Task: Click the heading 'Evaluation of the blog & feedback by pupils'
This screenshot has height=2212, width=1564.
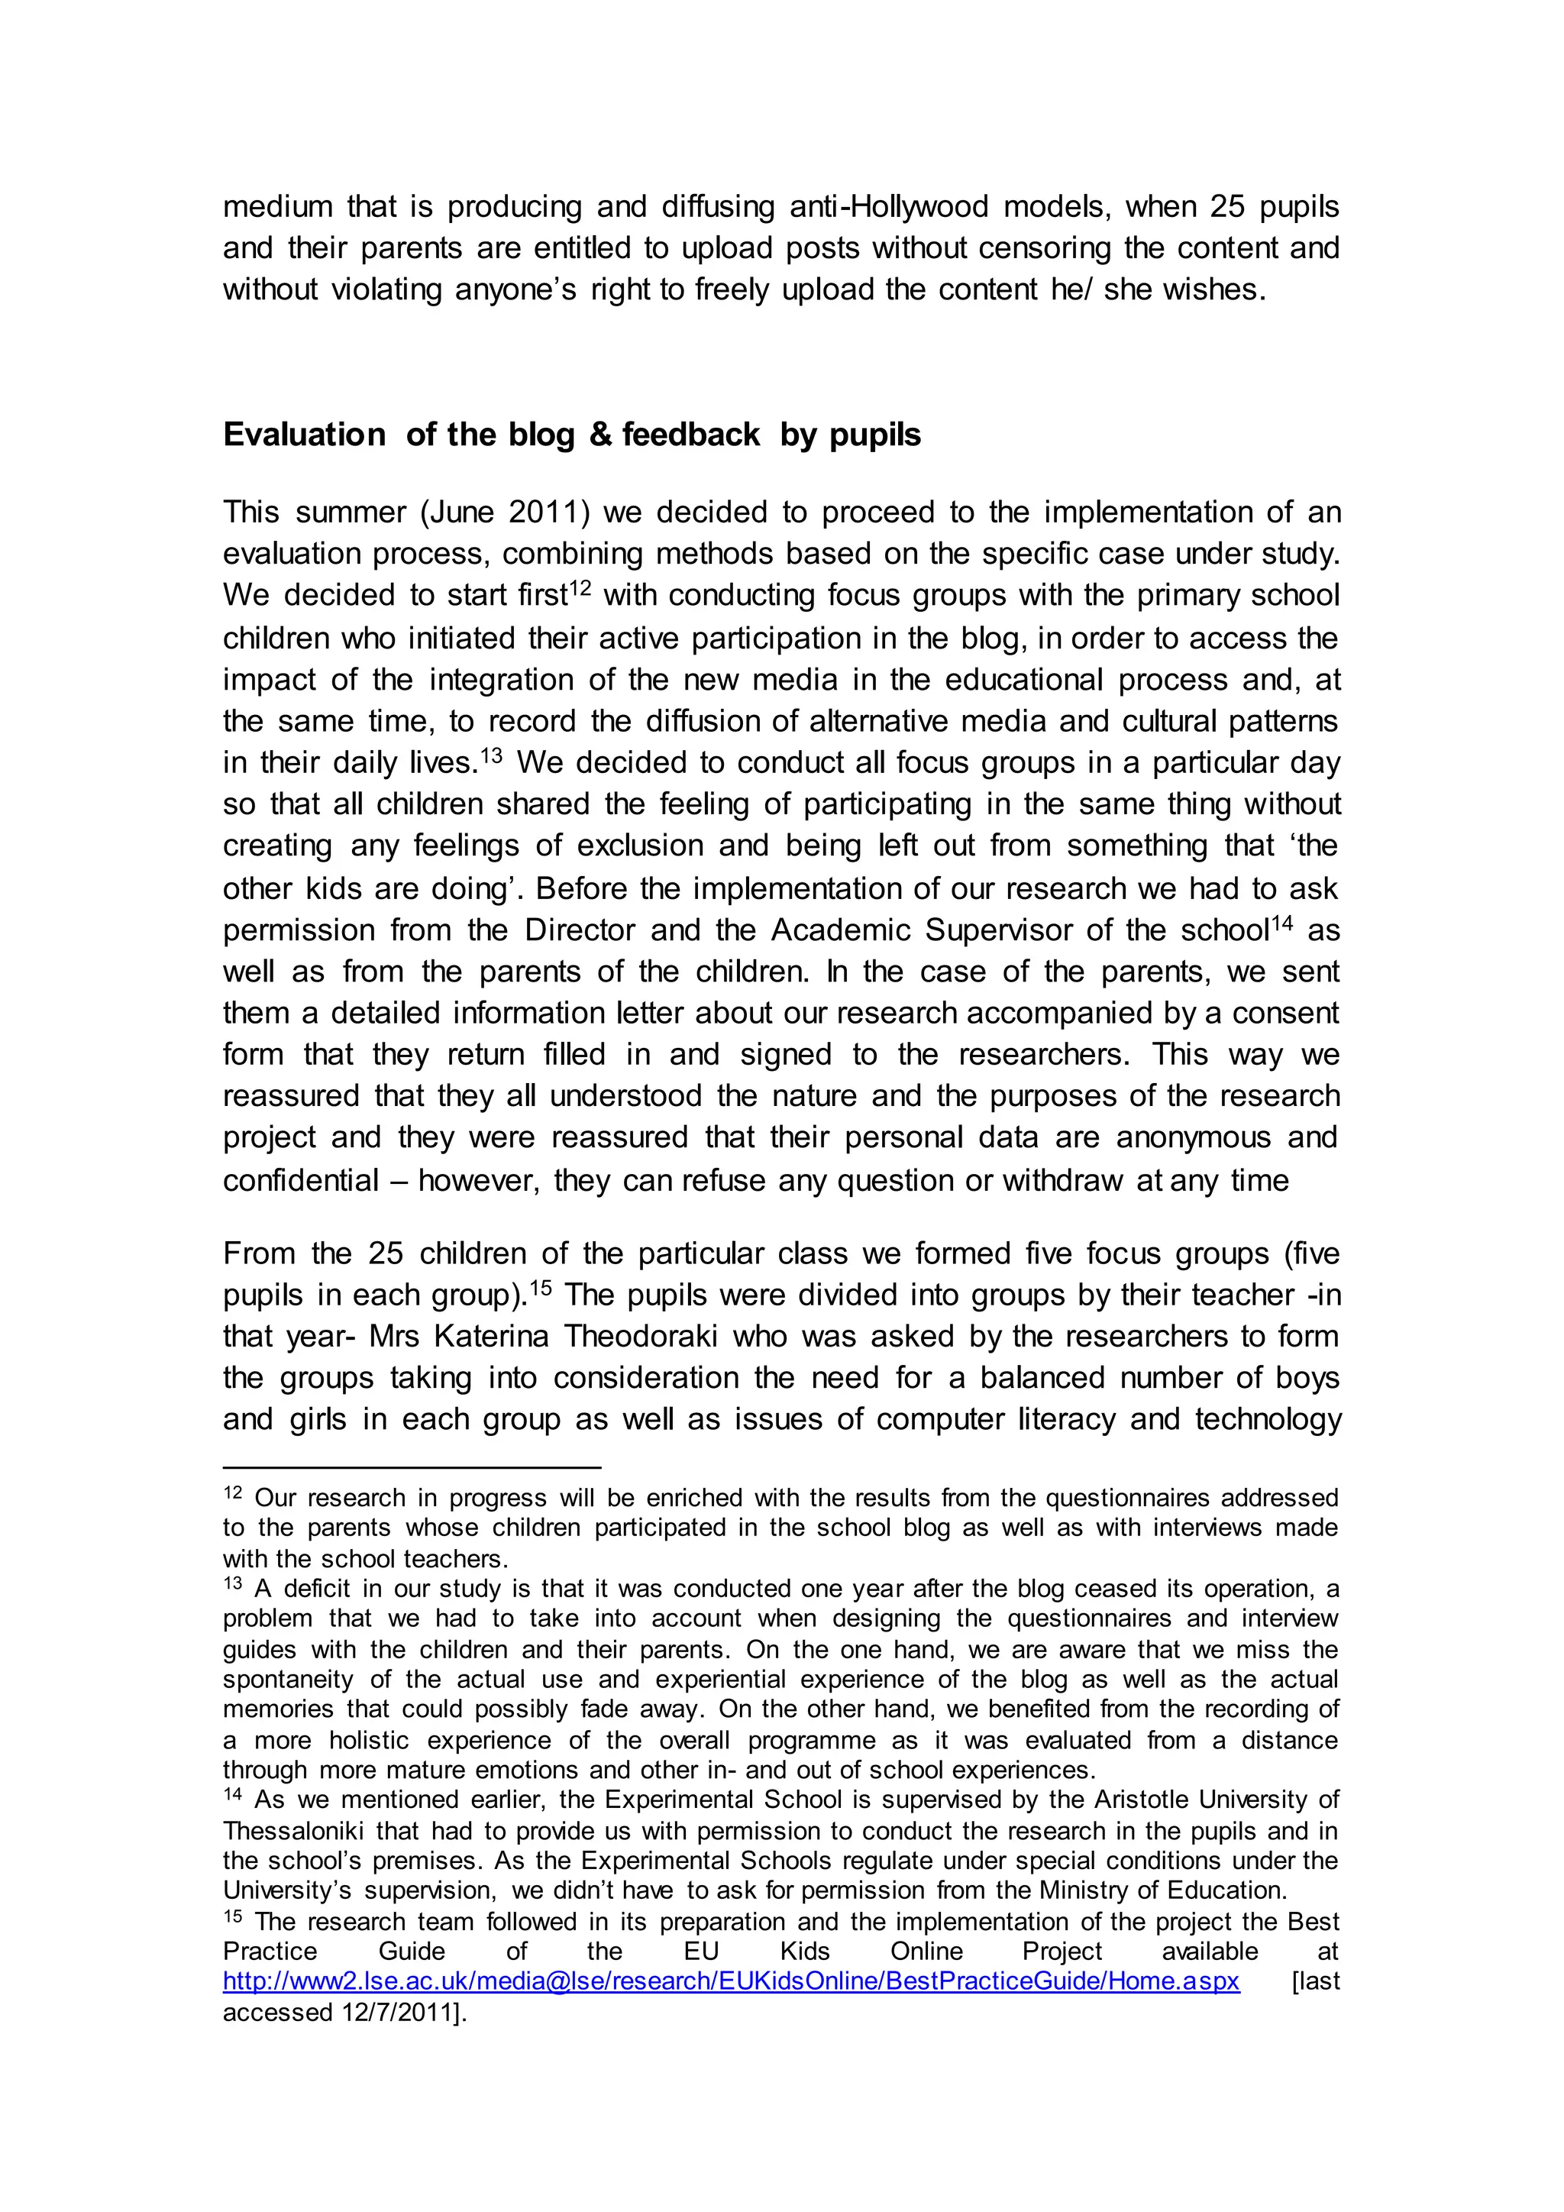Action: click(571, 435)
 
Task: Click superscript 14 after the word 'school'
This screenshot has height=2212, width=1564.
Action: click(1280, 922)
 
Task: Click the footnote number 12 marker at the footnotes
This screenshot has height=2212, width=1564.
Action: click(232, 1492)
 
